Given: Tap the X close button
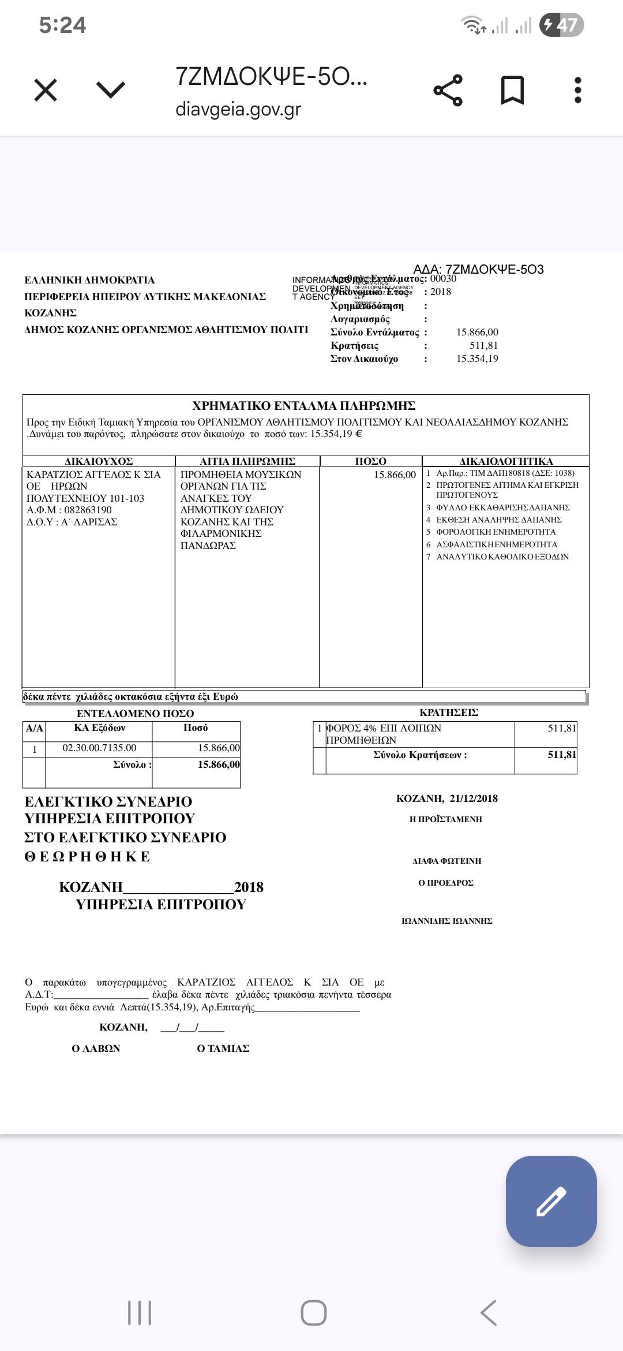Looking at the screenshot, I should tap(46, 90).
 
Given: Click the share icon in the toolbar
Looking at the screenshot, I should tap(448, 90).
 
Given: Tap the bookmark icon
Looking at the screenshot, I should tap(512, 90).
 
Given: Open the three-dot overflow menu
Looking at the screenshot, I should tap(578, 90).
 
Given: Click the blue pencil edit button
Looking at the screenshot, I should tap(551, 1201).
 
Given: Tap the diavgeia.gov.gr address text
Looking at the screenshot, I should tap(238, 109).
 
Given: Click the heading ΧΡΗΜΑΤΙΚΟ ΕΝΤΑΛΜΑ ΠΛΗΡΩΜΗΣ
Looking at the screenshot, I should tap(304, 405).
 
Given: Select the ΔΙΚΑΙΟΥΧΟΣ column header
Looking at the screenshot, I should tap(99, 461).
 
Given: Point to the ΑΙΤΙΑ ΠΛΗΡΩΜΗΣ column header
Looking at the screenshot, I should tap(247, 461).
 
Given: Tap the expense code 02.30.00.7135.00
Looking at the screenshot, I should tap(99, 748).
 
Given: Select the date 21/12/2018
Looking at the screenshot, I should tap(473, 798).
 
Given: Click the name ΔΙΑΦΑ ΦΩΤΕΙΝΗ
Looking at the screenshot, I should tap(446, 861).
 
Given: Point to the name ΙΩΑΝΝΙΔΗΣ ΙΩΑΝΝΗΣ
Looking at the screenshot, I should tap(447, 921).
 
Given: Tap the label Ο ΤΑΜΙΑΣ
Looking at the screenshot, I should tap(223, 1048).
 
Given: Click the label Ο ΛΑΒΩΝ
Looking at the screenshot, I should tap(96, 1048).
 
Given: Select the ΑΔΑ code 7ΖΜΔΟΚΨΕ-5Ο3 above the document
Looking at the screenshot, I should tap(494, 269).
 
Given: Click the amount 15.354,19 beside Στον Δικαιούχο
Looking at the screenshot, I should tap(477, 359).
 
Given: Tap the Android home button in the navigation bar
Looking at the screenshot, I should tap(313, 1313).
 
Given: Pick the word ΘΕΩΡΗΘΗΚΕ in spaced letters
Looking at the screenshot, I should tap(87, 857).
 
